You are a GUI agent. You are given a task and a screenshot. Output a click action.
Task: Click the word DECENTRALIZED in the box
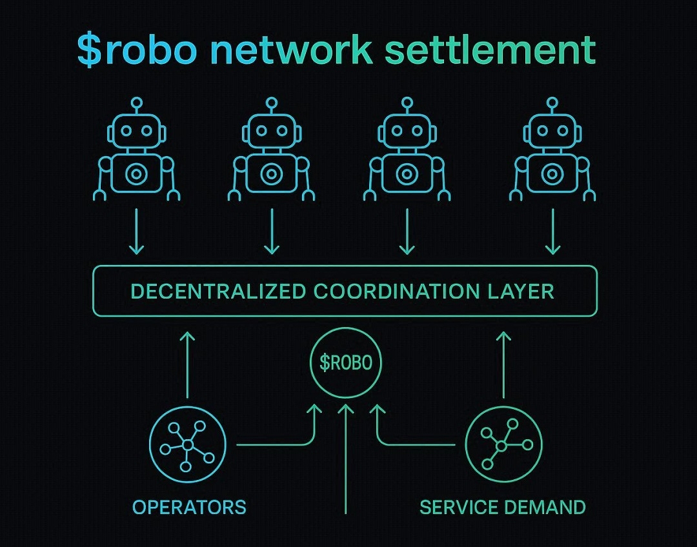(218, 291)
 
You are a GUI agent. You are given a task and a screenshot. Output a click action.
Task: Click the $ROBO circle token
(346, 363)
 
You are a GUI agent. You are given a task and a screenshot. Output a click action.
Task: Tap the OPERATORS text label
(189, 507)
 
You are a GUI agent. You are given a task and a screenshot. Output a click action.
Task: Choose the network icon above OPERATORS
(188, 445)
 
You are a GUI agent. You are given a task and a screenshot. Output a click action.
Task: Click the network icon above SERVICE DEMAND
(503, 445)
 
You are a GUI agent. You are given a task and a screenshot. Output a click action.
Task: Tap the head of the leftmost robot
(137, 132)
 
